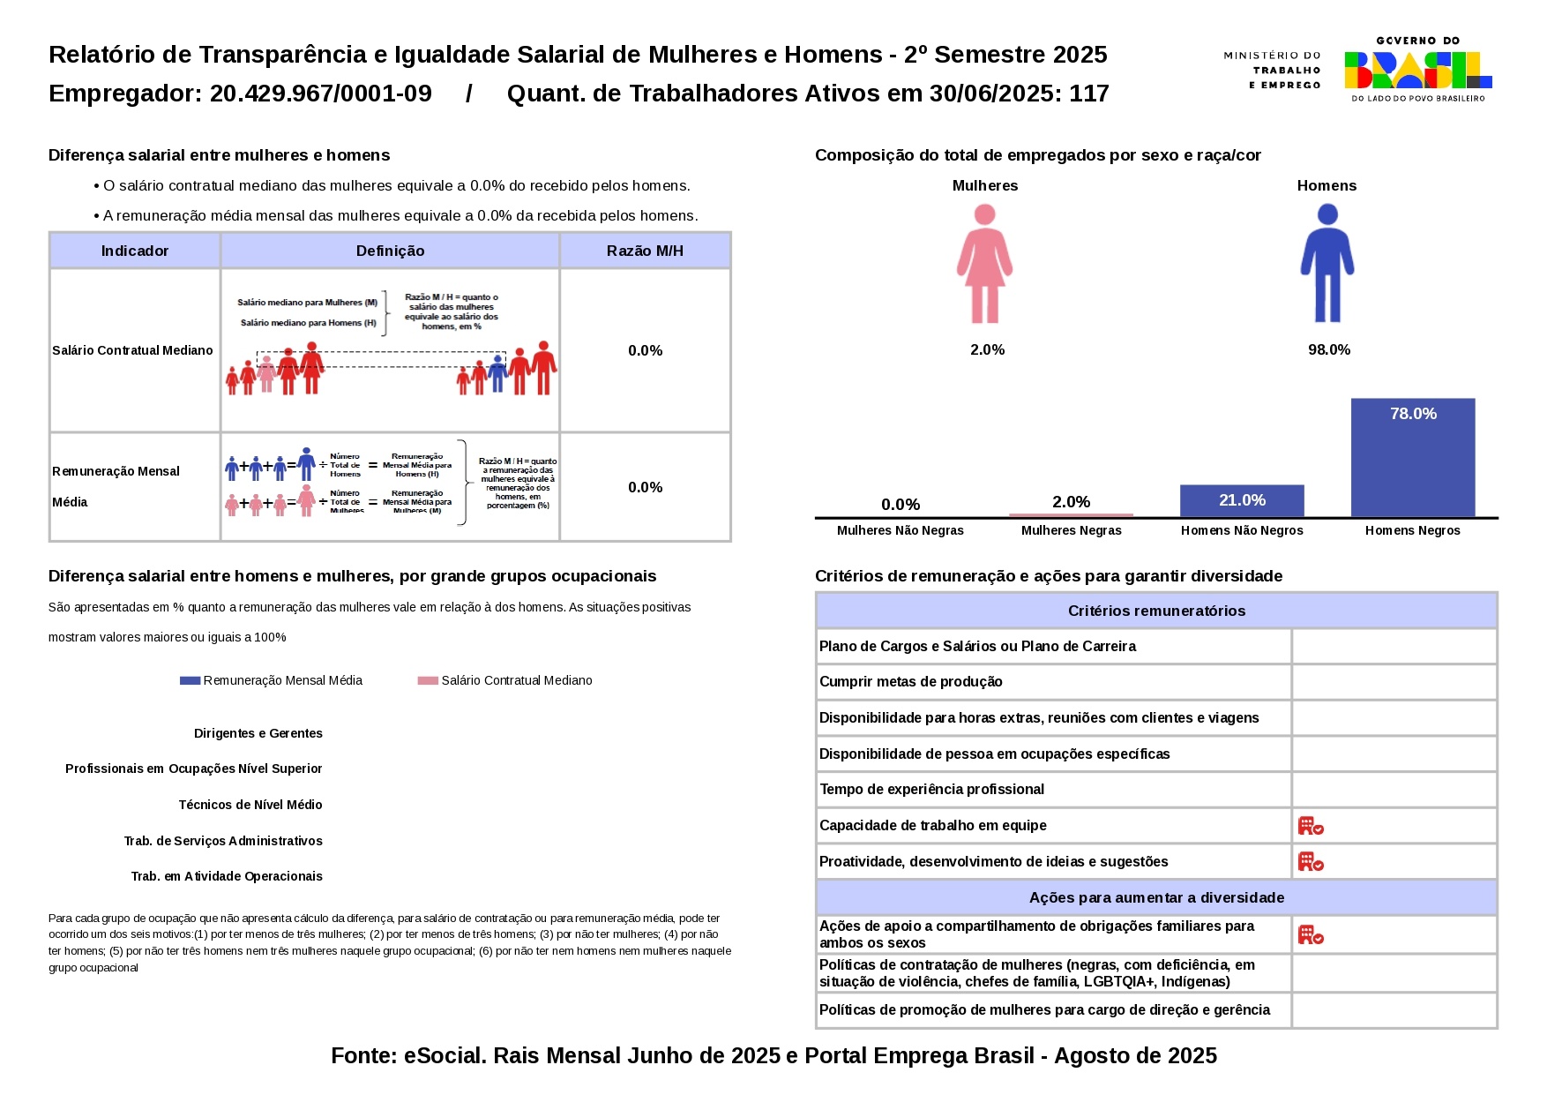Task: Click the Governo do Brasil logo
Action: point(1416,70)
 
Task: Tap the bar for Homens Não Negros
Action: point(1241,500)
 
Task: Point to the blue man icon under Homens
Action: point(1327,263)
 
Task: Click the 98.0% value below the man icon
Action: point(1328,350)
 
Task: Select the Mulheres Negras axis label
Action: point(1071,530)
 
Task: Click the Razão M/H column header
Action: point(645,251)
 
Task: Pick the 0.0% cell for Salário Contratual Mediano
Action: point(645,351)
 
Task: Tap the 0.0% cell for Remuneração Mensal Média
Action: point(645,488)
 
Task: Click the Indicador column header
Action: point(134,251)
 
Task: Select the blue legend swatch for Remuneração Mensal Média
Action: point(190,681)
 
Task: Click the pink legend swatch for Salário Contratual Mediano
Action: point(428,681)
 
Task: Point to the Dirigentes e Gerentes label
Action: point(258,734)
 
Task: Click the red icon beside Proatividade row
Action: point(1310,862)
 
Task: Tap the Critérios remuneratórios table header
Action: point(1155,611)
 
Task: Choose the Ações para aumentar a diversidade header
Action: point(1155,898)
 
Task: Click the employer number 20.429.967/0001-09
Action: point(320,94)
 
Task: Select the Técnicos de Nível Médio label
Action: point(250,806)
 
